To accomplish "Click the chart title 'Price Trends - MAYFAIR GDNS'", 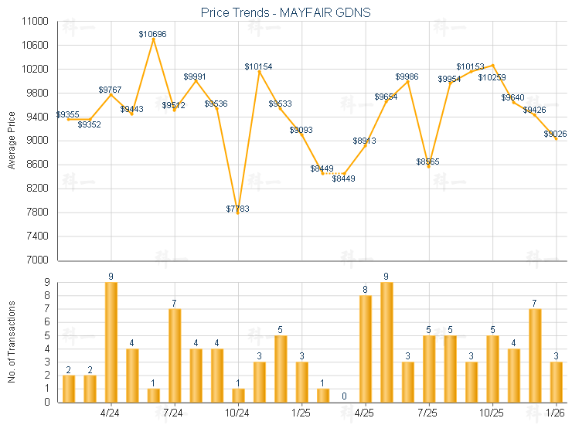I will [x=285, y=12].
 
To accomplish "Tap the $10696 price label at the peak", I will [x=152, y=34].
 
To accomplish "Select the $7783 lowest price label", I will [x=237, y=209].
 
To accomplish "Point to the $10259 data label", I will [x=492, y=77].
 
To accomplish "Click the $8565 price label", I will [x=428, y=161].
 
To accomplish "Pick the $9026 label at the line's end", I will [x=555, y=134].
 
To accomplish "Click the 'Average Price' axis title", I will [x=12, y=141].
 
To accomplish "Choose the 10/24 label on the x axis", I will [x=237, y=413].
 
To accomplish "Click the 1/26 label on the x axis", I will [x=556, y=413].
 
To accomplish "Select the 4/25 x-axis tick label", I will [x=365, y=413].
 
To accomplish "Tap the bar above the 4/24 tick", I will [x=111, y=342].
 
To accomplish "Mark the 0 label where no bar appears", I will [x=344, y=396].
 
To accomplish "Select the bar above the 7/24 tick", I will [x=175, y=355].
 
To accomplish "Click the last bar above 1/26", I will [x=557, y=382].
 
